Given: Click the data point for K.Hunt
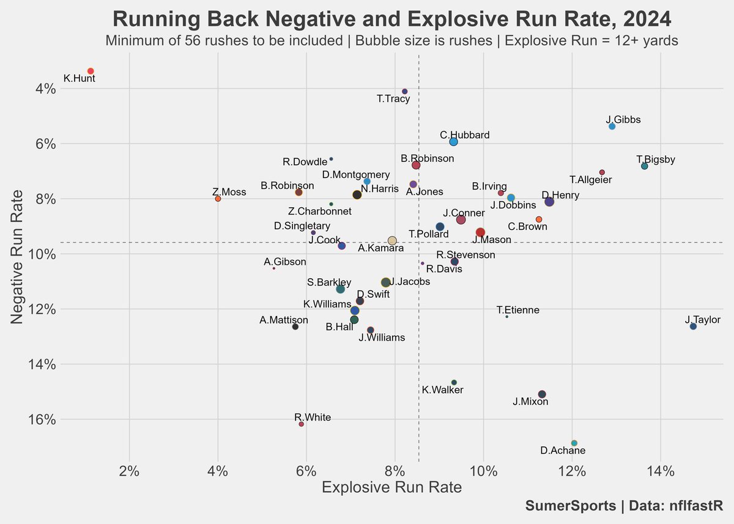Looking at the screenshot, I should pos(91,72).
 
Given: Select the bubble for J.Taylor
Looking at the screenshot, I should pos(693,327).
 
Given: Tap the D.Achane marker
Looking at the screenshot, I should pos(574,443).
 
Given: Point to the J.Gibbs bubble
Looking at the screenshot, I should pos(612,126).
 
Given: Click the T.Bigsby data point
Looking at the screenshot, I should pos(644,166).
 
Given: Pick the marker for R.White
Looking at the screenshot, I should pos(301,424).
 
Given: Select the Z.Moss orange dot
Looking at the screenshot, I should pos(218,199).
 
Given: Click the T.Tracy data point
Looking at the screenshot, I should pos(404,91).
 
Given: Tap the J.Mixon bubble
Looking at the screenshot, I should pos(541,394).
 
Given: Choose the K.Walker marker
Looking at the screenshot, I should pos(454,382).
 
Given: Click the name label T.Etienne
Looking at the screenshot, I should pos(518,310).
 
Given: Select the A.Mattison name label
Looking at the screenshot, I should pos(284,320).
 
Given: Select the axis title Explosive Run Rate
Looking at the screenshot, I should pos(391,487).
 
